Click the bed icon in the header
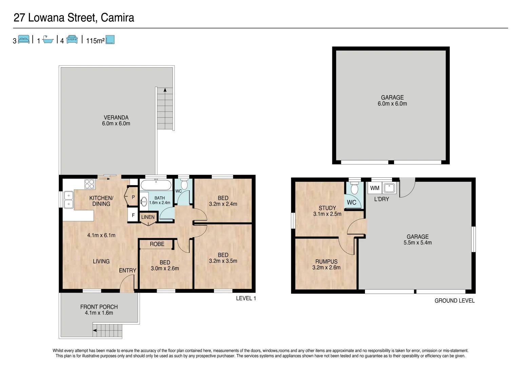(24, 40)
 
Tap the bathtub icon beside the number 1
(48, 40)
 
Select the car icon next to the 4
(72, 40)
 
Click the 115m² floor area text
(95, 41)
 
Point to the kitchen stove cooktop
(90, 184)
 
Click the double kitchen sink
(69, 199)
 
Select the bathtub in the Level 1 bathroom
(156, 185)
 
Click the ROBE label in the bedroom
(157, 244)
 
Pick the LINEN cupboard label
(148, 217)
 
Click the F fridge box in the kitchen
(133, 215)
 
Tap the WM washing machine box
(375, 188)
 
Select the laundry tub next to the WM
(389, 188)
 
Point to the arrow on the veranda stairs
(165, 90)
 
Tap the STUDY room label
(327, 208)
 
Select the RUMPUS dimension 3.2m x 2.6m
(326, 267)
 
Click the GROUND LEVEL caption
(454, 301)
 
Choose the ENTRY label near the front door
(128, 270)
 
